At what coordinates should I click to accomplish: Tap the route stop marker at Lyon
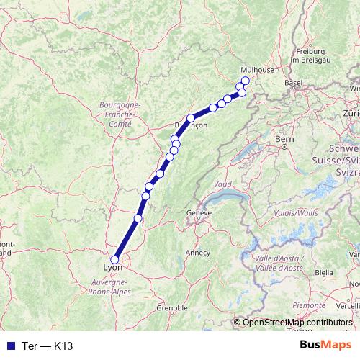pos(114,260)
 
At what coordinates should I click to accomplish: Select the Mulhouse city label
pos(258,70)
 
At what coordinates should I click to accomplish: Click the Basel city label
pos(293,83)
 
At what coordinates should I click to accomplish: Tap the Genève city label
pos(198,213)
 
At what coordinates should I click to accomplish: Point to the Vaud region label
pos(222,185)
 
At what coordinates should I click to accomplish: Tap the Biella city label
pos(324,274)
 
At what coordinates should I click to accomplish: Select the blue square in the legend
pos(9,346)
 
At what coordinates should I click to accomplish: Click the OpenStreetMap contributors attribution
pos(297,322)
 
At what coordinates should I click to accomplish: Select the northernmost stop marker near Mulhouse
pos(245,81)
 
